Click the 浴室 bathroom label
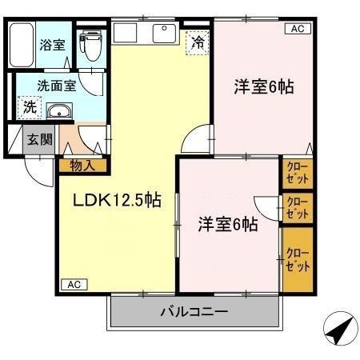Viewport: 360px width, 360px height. click(x=53, y=46)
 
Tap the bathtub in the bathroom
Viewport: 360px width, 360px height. click(x=22, y=46)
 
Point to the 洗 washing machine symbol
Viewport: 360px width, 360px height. click(x=29, y=106)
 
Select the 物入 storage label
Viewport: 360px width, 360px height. click(x=82, y=166)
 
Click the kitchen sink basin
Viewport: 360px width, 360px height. click(x=165, y=34)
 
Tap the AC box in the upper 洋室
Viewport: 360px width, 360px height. click(x=296, y=29)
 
